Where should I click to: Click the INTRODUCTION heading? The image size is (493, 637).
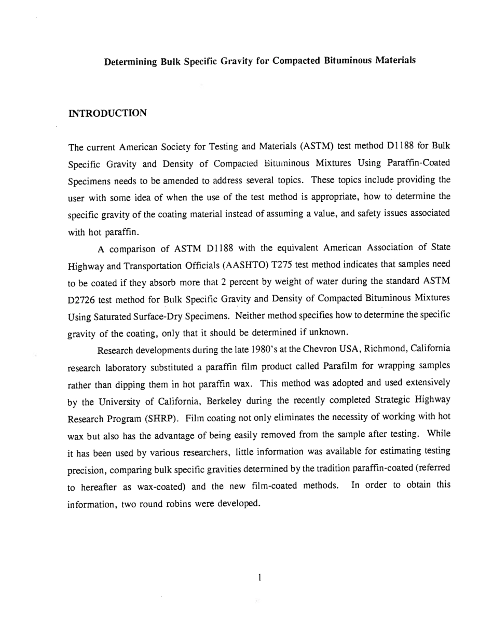coord(107,113)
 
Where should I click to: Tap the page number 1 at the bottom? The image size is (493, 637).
coord(258,576)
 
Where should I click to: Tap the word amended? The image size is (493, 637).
coord(173,181)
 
